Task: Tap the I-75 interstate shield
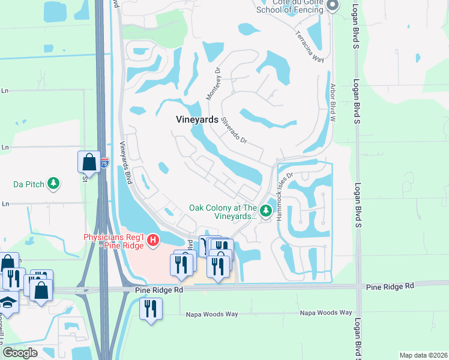click(x=104, y=163)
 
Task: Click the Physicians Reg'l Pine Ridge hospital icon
click(x=153, y=241)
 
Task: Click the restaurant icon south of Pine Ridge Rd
click(x=151, y=309)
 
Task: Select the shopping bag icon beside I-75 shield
click(x=88, y=161)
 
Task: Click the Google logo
click(x=20, y=353)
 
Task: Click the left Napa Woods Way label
click(x=211, y=314)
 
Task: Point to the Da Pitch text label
click(x=29, y=184)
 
